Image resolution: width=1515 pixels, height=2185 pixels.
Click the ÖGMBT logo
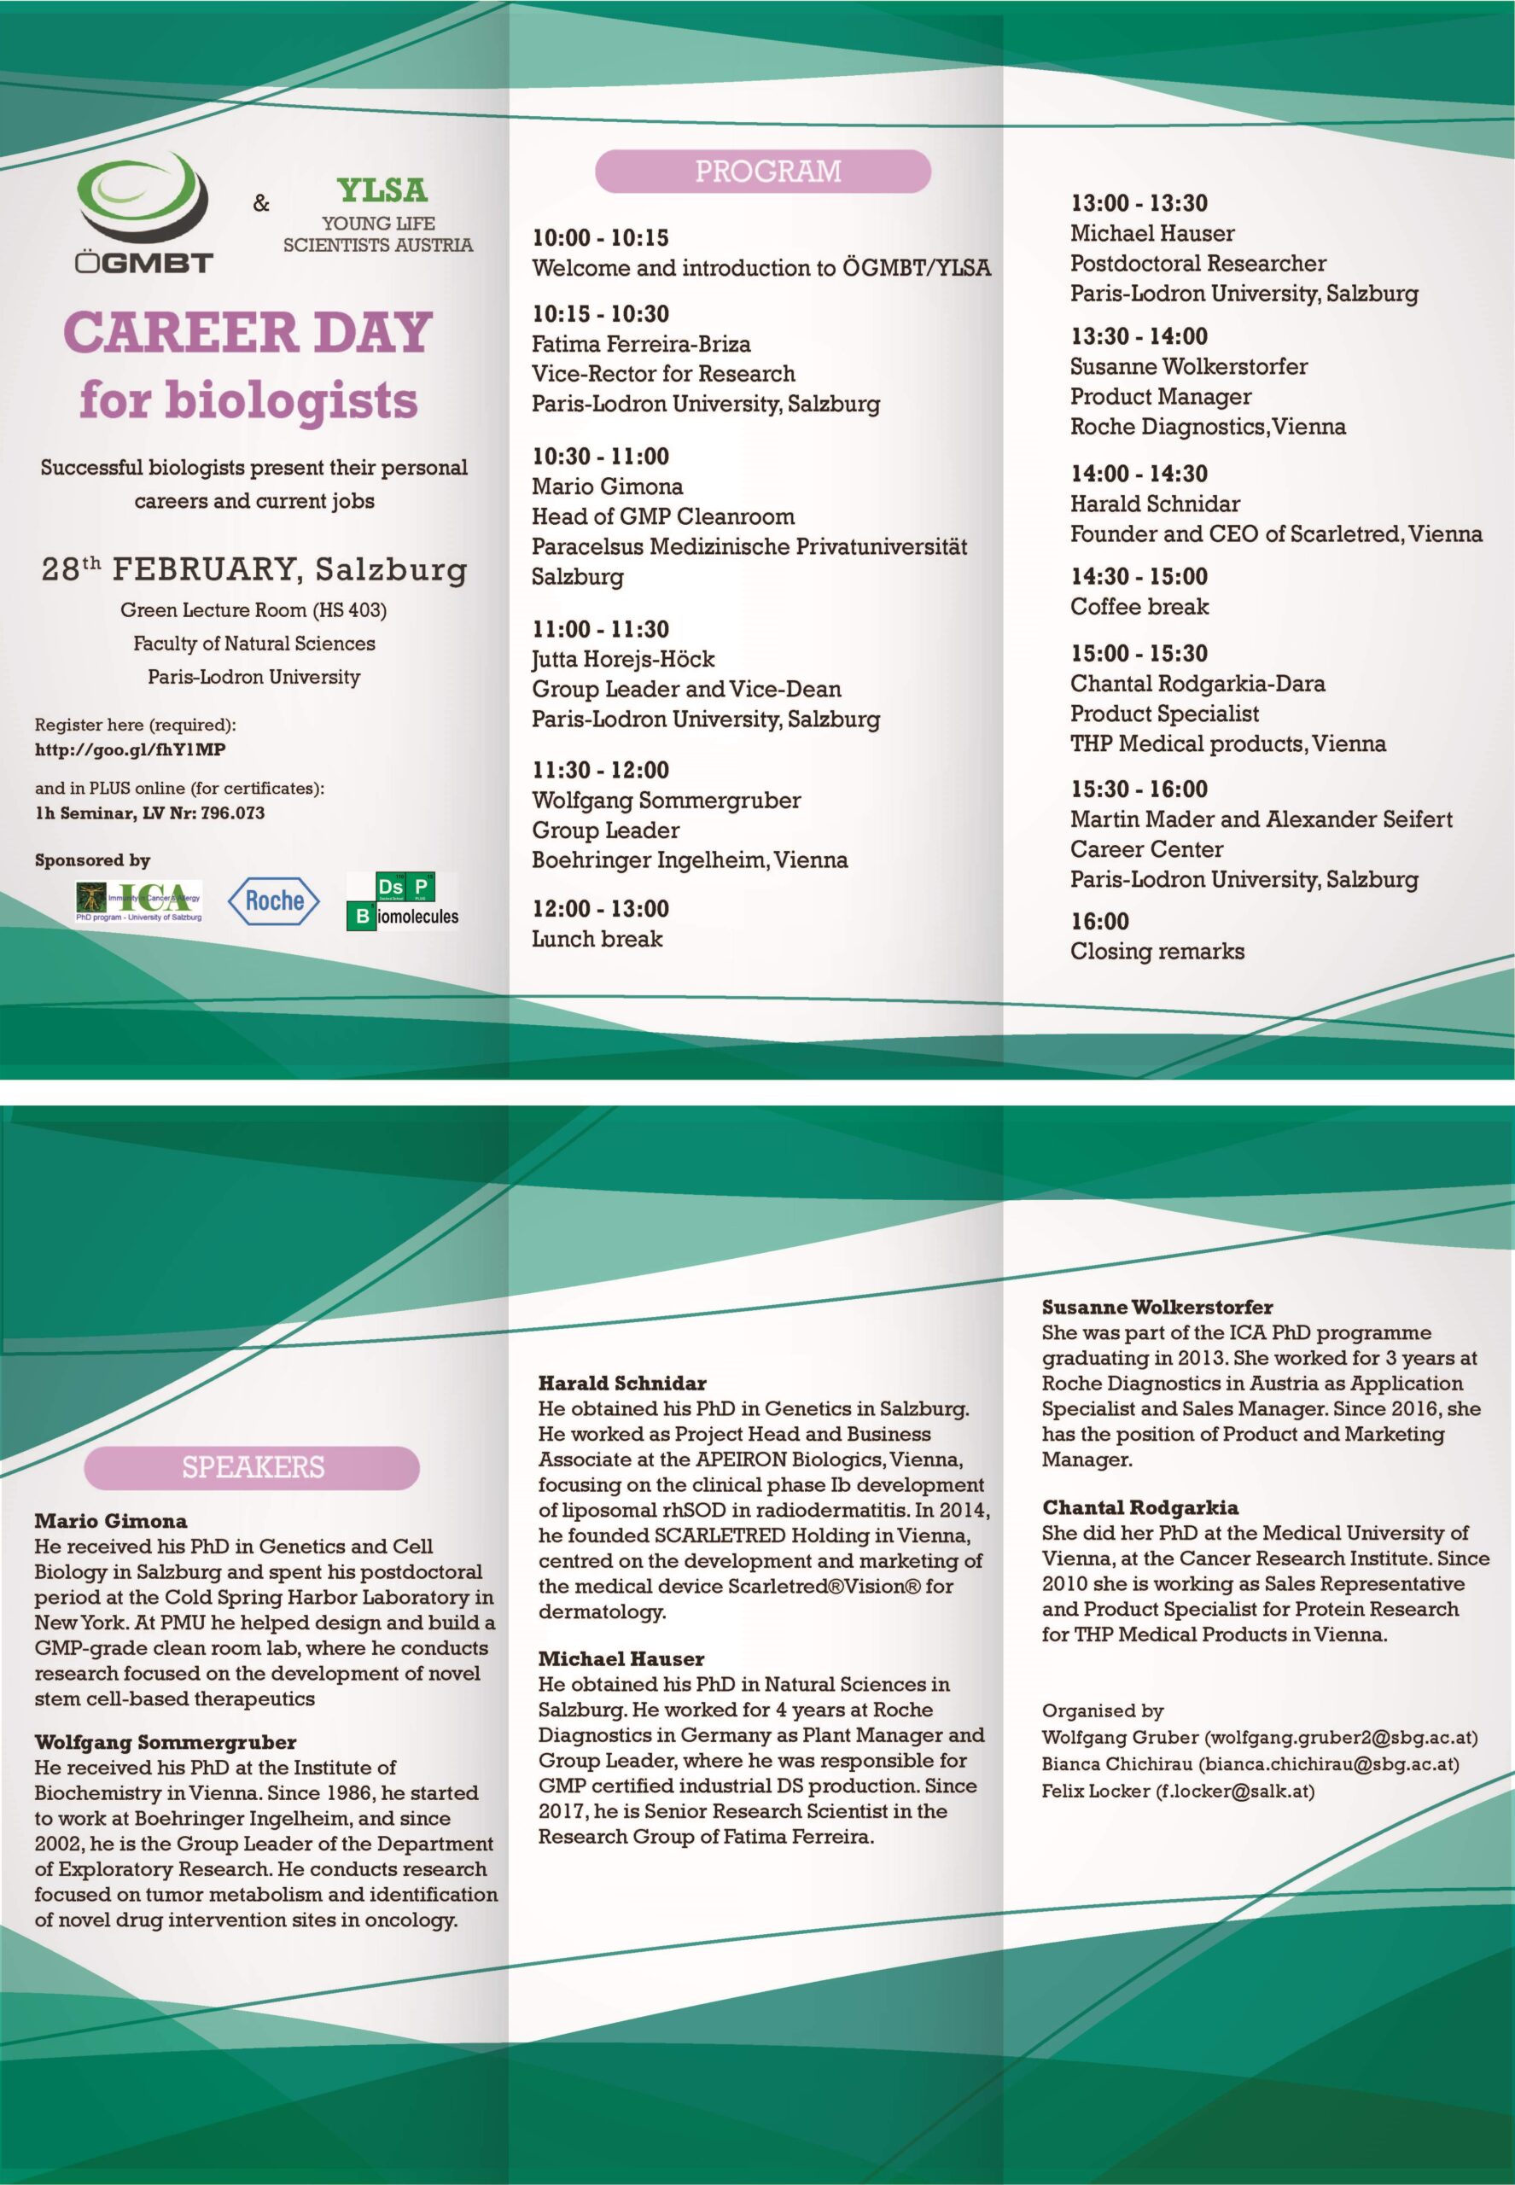[x=143, y=215]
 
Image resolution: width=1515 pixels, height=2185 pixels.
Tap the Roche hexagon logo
[x=274, y=900]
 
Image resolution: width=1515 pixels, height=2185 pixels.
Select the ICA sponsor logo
[x=139, y=900]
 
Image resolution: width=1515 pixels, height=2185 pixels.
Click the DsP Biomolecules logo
[x=404, y=900]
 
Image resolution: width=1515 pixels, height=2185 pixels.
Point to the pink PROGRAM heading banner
[x=762, y=171]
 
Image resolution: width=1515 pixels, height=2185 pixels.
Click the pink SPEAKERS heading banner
[x=253, y=1466]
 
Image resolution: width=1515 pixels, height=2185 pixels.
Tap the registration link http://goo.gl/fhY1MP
[x=130, y=749]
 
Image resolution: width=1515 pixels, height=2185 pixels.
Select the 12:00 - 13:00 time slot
[x=600, y=908]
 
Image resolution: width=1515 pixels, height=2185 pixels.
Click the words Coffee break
[x=1139, y=607]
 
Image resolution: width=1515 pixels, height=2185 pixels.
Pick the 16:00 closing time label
[x=1099, y=921]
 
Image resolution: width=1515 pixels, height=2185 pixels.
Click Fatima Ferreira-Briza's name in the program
[x=641, y=344]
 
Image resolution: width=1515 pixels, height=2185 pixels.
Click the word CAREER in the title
[x=179, y=333]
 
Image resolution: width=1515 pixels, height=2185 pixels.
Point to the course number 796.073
[x=232, y=813]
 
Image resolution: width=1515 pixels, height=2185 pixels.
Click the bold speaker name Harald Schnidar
[x=621, y=1383]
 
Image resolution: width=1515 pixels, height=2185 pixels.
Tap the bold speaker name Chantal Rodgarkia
[x=1139, y=1507]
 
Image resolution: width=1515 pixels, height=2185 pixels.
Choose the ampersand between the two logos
[x=261, y=203]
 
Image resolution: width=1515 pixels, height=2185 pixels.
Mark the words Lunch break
[x=596, y=939]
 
